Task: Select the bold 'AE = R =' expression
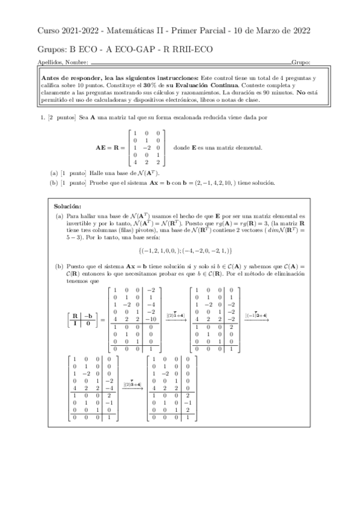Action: [110, 147]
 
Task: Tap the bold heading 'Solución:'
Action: [67, 206]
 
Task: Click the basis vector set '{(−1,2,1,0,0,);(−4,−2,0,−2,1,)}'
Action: [176, 250]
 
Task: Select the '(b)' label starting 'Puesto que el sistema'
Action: [59, 265]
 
